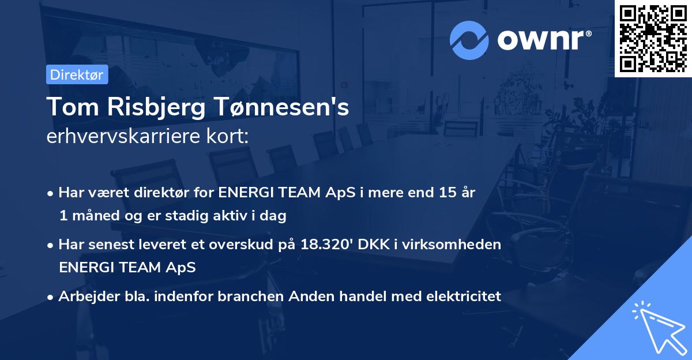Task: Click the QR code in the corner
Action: pos(653,38)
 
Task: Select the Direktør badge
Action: pos(77,74)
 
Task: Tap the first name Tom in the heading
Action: pos(69,107)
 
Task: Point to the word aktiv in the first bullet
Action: pos(219,216)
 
